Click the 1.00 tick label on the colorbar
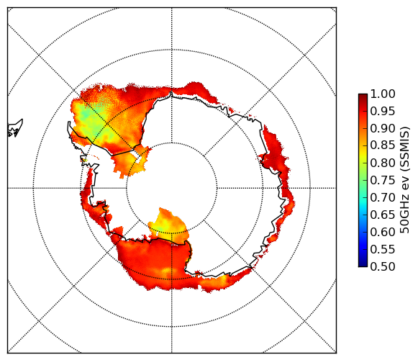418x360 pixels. click(x=383, y=94)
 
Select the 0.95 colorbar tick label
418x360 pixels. click(x=383, y=112)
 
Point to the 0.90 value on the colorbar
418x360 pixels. click(x=383, y=128)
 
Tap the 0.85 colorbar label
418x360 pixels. click(x=383, y=145)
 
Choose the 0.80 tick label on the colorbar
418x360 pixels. click(x=383, y=163)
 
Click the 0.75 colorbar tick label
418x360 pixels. click(x=383, y=180)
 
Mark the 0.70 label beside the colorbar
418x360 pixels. click(x=383, y=197)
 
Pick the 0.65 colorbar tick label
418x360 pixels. click(x=383, y=215)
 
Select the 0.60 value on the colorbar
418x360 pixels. click(x=383, y=232)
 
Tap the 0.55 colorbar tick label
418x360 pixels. click(x=383, y=249)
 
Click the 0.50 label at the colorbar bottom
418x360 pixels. click(x=383, y=266)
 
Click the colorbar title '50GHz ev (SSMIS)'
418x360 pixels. click(x=404, y=180)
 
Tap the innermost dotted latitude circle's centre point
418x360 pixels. click(x=172, y=188)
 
